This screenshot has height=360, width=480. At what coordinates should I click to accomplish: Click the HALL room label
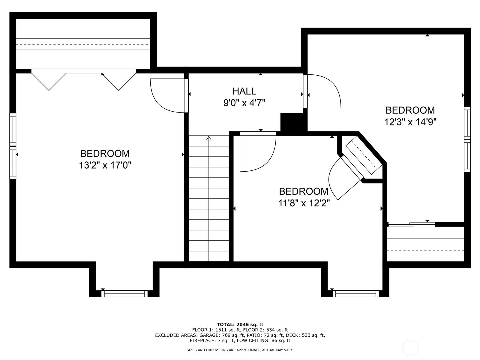(x=244, y=91)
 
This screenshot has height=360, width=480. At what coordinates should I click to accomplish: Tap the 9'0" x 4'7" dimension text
(x=244, y=103)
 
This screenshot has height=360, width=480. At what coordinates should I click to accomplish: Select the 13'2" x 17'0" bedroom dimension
(x=105, y=165)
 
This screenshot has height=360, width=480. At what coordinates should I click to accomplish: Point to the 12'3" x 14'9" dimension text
(x=410, y=122)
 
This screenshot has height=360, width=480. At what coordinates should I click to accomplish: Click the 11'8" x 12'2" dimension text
(x=304, y=203)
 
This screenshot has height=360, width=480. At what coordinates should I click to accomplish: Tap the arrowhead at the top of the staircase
(x=209, y=138)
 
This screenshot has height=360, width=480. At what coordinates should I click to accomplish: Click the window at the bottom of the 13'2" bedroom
(x=124, y=294)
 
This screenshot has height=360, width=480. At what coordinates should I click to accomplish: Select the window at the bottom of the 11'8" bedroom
(x=356, y=294)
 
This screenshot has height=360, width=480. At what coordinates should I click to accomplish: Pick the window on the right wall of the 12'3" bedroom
(x=467, y=139)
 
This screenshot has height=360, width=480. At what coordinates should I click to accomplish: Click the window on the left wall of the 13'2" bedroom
(x=13, y=146)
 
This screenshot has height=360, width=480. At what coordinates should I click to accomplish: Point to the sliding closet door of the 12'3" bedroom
(x=411, y=224)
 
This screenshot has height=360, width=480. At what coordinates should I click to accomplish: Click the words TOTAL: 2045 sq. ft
(x=240, y=324)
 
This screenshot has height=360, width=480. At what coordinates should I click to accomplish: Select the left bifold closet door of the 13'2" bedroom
(x=49, y=82)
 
